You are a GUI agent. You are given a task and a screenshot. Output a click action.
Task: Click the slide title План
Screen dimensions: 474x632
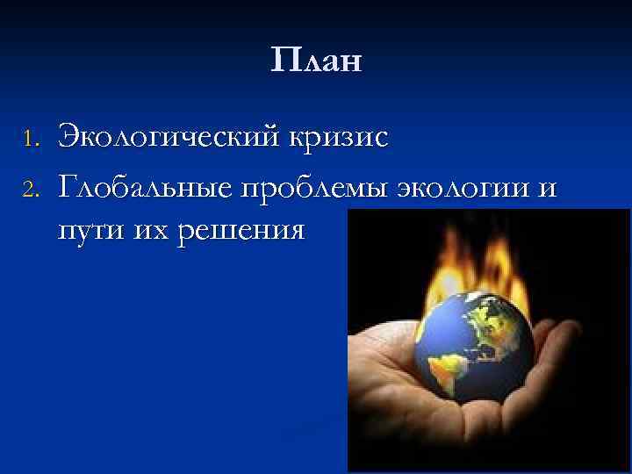(316, 61)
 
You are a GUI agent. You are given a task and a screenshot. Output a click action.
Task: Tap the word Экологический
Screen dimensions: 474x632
(163, 137)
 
